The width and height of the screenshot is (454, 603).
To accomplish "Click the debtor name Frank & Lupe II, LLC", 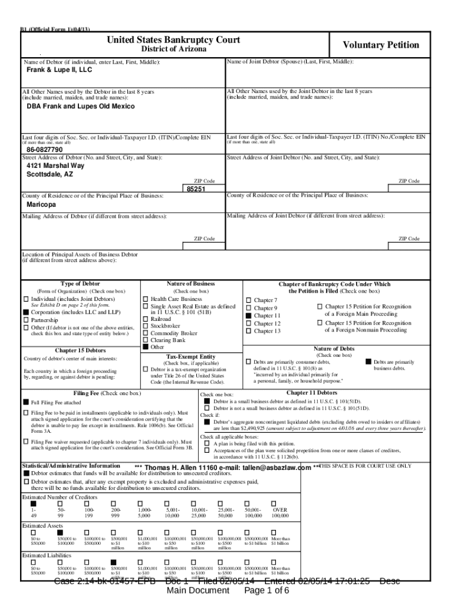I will [x=60, y=69].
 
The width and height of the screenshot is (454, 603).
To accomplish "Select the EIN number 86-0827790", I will [x=44, y=150].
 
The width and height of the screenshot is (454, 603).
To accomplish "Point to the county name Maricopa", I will [x=41, y=204].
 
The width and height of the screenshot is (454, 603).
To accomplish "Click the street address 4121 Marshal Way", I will [x=55, y=166].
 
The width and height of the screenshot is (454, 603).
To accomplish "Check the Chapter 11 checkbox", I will [x=249, y=316].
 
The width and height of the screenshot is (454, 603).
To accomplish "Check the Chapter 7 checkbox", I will [x=249, y=300].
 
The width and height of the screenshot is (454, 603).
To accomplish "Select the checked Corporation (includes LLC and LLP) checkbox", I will [x=26, y=312].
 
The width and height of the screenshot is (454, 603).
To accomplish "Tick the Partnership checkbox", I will [x=26, y=320].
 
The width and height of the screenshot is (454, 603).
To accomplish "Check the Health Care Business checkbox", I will [x=146, y=299].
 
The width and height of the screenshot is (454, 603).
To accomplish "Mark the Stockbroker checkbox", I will [x=146, y=325].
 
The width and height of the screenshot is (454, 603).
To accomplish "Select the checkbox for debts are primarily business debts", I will [x=369, y=362].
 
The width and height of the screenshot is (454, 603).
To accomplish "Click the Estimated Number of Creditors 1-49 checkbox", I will [x=34, y=503].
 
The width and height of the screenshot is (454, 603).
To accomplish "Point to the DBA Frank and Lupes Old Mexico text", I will [x=81, y=107].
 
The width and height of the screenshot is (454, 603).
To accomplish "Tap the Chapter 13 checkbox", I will [x=249, y=331].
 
